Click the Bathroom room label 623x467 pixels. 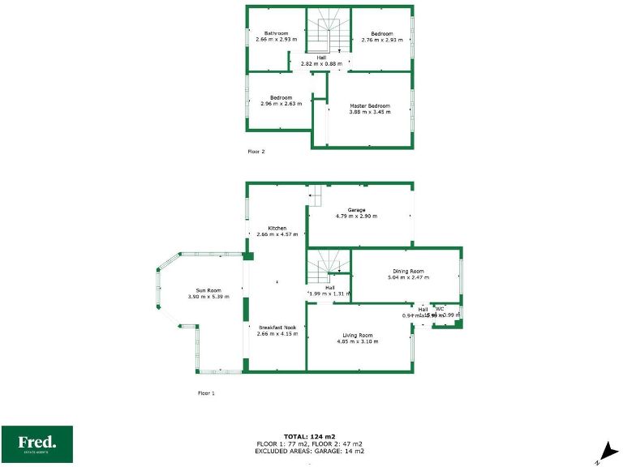(276, 33)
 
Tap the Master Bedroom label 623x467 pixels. (370, 106)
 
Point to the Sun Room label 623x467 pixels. (208, 290)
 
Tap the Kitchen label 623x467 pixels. (277, 229)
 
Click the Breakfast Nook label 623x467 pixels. (277, 328)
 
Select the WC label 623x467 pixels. (440, 309)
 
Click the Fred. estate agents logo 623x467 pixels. (37, 443)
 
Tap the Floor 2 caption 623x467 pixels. (256, 151)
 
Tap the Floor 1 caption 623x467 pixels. (207, 392)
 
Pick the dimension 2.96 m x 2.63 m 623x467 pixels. (281, 104)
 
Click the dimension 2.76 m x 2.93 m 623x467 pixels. (381, 39)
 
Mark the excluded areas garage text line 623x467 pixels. (310, 451)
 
